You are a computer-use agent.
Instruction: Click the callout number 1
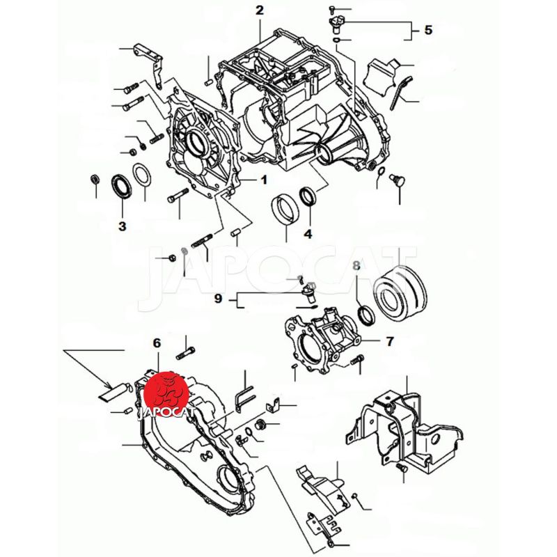[x=264, y=180]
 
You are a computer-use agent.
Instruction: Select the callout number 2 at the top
[x=260, y=10]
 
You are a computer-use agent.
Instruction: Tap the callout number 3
[x=123, y=226]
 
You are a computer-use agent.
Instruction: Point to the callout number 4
[x=308, y=234]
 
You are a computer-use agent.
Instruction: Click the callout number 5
[x=428, y=30]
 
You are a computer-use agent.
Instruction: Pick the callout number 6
[x=157, y=343]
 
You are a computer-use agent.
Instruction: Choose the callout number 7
[x=390, y=341]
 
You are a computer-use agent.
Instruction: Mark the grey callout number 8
[x=356, y=265]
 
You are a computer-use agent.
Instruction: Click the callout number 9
[x=218, y=299]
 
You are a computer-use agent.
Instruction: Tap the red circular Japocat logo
[x=166, y=394]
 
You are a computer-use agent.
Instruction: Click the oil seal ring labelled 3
[x=121, y=186]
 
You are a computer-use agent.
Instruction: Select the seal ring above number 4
[x=308, y=196]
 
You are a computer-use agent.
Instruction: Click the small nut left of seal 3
[x=95, y=180]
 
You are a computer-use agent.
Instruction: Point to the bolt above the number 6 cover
[x=185, y=353]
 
